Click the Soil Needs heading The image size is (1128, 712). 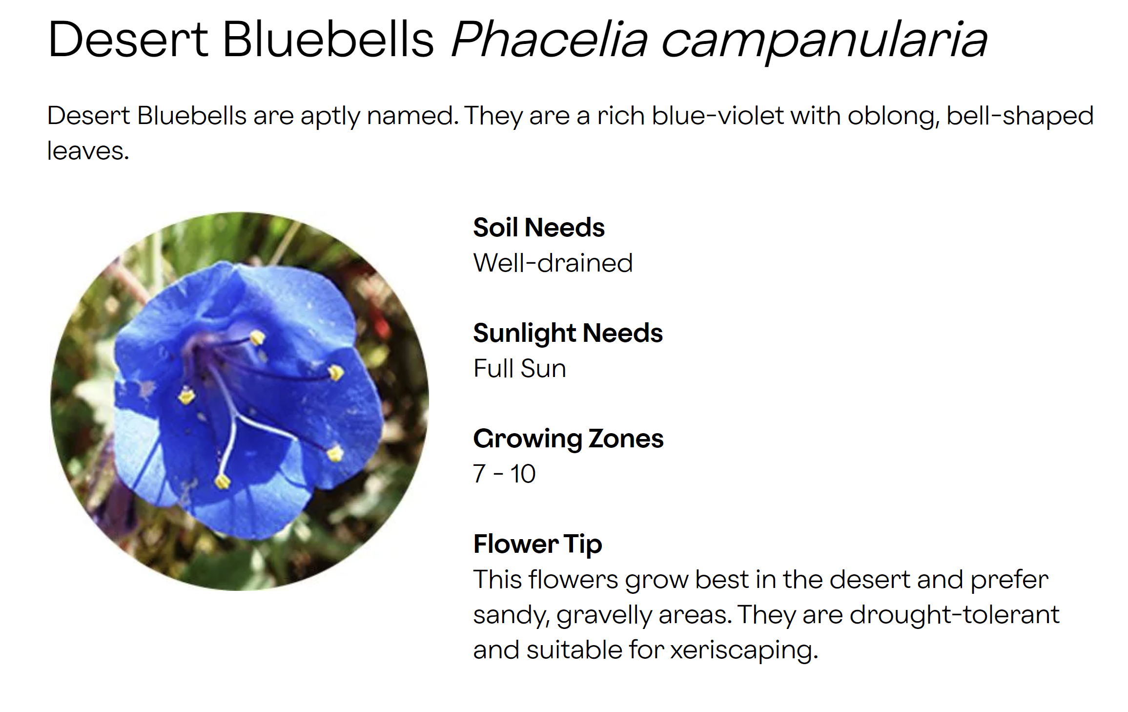click(539, 228)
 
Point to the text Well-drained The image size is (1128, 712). click(553, 263)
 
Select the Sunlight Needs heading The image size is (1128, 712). click(568, 334)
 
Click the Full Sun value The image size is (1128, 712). click(520, 368)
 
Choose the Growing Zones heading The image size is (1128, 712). click(568, 439)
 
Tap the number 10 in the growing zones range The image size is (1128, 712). click(523, 474)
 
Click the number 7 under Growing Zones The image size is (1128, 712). click(479, 474)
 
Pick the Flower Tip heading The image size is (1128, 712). click(538, 544)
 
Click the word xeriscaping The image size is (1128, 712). click(744, 650)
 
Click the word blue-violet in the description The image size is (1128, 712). click(718, 116)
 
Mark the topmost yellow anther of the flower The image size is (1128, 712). click(257, 337)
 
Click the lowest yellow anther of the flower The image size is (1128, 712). click(223, 482)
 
